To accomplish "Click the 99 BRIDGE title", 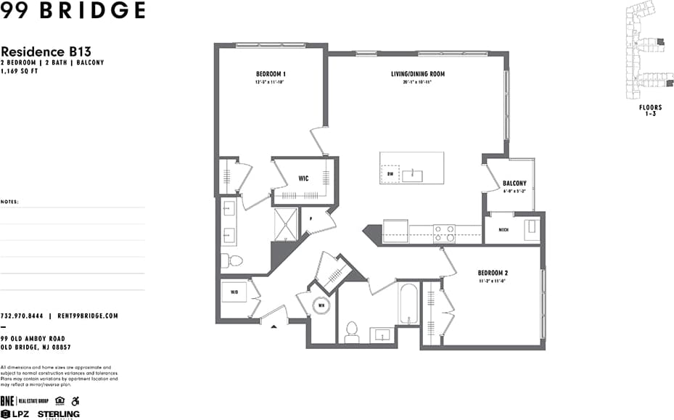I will point(73,11).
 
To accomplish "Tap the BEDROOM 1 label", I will point(271,74).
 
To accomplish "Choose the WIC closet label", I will point(305,178).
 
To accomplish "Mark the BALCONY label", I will point(514,184).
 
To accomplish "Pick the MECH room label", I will point(504,230).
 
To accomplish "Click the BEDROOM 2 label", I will point(493,273).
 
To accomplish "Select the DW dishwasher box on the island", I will point(390,174).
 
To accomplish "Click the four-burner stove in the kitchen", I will point(444,233).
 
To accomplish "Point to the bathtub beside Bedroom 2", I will point(408,305).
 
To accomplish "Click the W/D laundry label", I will point(234,293).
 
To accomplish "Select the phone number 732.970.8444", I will point(22,316).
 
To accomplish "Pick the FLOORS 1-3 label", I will point(650,110).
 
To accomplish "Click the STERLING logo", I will point(59,414).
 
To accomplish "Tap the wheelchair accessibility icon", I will point(75,400).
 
